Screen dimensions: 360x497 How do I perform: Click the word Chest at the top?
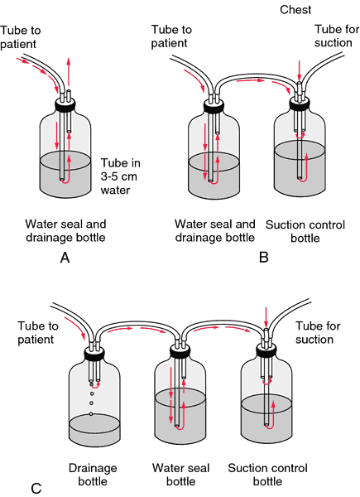click(295, 9)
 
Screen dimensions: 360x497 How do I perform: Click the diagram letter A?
click(65, 258)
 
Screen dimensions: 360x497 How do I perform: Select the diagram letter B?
click(264, 257)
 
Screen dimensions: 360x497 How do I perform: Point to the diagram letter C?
click(36, 488)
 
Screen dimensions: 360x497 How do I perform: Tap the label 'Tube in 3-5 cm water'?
click(121, 176)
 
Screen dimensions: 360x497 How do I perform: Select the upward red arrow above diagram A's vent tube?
click(69, 71)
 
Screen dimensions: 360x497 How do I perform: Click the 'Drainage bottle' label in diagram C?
click(93, 475)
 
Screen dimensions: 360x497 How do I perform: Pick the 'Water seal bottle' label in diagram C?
click(180, 475)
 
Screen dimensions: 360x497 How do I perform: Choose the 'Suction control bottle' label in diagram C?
click(267, 475)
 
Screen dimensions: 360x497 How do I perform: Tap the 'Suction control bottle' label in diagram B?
click(305, 231)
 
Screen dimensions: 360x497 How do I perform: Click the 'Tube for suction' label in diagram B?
click(337, 36)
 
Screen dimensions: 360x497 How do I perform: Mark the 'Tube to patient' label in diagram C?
click(38, 332)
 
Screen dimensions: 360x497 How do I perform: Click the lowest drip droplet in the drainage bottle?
click(91, 414)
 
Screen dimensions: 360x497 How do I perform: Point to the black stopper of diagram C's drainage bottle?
click(94, 354)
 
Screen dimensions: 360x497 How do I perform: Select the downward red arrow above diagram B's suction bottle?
click(300, 71)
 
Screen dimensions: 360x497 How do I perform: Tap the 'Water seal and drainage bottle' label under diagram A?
click(65, 230)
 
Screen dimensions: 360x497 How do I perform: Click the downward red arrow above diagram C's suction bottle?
click(266, 317)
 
